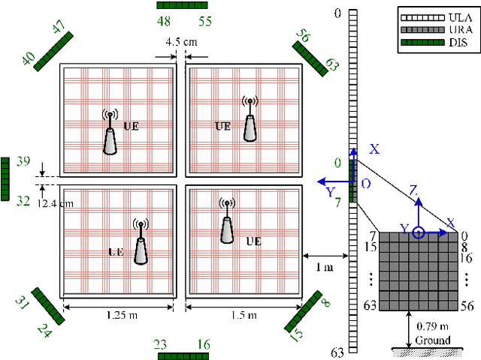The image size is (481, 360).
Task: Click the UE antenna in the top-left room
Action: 110,133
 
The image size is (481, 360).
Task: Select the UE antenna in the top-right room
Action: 249,118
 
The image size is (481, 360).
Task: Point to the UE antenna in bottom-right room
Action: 225,221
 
